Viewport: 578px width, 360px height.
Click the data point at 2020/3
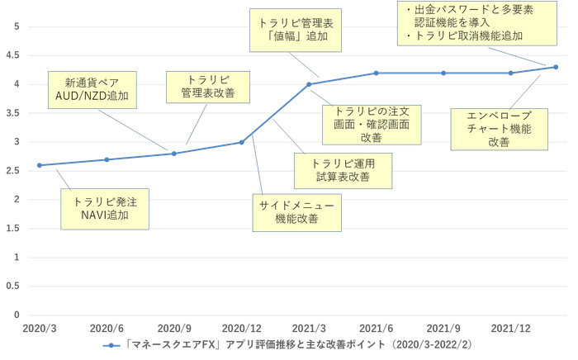pyautogui.click(x=40, y=165)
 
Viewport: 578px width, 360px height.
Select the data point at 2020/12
pyautogui.click(x=242, y=142)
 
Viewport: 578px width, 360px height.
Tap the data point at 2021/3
pyautogui.click(x=309, y=84)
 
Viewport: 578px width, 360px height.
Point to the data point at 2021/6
pyautogui.click(x=376, y=73)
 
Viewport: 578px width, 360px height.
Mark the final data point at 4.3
pyautogui.click(x=556, y=67)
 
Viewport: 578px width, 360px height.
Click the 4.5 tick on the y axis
pyautogui.click(x=13, y=55)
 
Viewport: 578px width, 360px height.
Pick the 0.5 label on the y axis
pyautogui.click(x=13, y=286)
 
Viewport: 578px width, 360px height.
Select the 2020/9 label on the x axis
pyautogui.click(x=174, y=329)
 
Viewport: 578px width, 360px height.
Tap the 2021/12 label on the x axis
pyautogui.click(x=510, y=329)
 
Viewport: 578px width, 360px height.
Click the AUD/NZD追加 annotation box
pyautogui.click(x=92, y=90)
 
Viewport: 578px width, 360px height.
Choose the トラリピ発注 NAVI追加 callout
pyautogui.click(x=105, y=209)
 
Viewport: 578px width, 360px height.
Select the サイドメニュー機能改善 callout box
pyautogui.click(x=296, y=212)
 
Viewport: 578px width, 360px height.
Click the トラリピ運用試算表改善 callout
pyautogui.click(x=343, y=171)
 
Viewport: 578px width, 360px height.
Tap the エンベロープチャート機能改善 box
pyautogui.click(x=499, y=130)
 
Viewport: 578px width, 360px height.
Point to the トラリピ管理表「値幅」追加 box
pyautogui.click(x=296, y=31)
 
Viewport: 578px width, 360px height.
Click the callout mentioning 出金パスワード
pyautogui.click(x=477, y=23)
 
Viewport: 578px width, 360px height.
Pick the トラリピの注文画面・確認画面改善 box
pyautogui.click(x=372, y=125)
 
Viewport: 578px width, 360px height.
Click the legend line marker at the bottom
pyautogui.click(x=111, y=346)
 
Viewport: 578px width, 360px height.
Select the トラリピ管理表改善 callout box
pyautogui.click(x=208, y=87)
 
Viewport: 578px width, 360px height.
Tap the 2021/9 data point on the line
pyautogui.click(x=443, y=73)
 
